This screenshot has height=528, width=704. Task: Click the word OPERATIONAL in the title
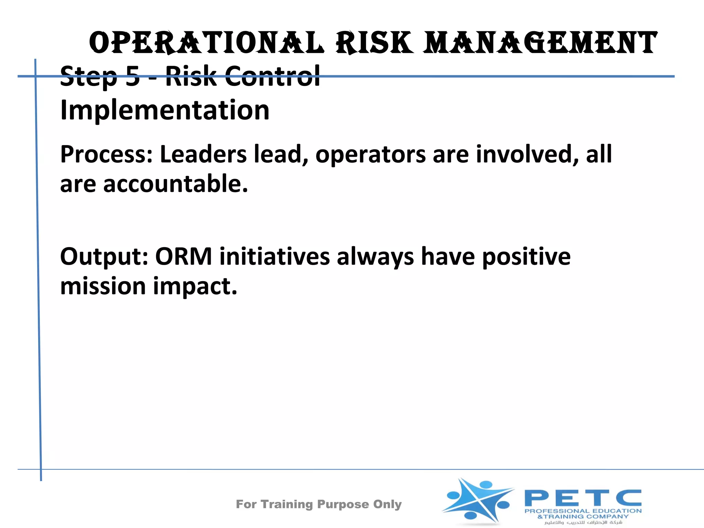206,43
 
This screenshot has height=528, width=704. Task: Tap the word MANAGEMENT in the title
540,43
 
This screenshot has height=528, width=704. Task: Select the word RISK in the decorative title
375,43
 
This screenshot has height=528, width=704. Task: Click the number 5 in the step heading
133,76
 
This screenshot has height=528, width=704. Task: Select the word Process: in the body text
106,155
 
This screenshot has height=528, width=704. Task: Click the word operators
371,155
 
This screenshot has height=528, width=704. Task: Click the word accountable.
175,184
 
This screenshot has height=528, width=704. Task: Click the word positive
526,257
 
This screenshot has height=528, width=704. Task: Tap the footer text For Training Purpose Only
319,504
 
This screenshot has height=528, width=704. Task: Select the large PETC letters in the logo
583,498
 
